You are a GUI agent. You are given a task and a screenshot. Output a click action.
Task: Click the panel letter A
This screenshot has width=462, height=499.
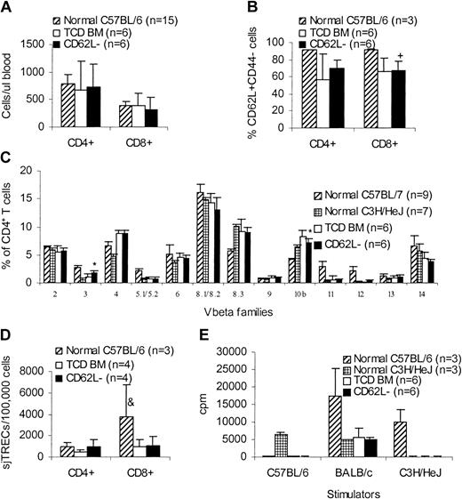[x=8, y=9]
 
